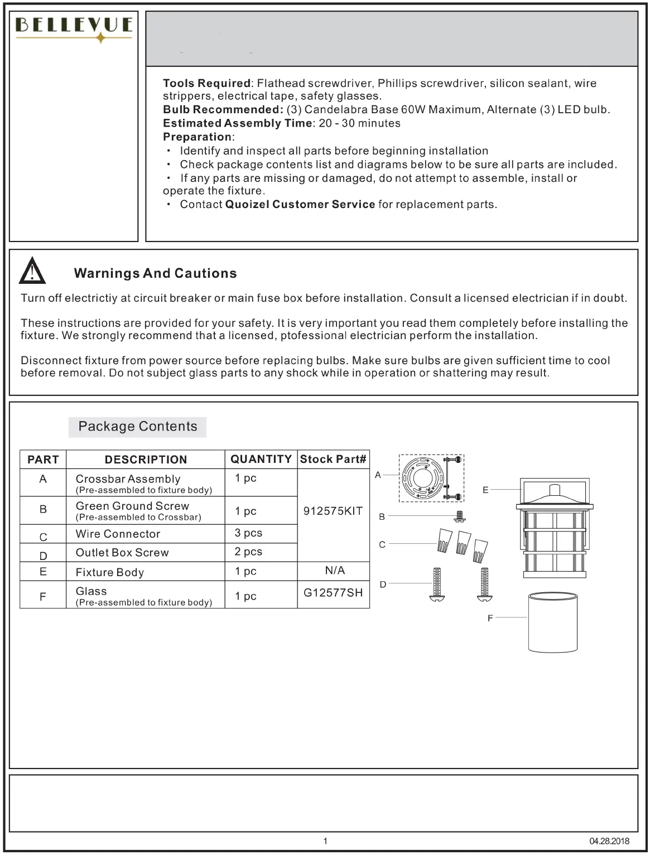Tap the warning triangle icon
point(32,272)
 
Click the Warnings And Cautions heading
point(155,273)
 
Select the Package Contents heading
point(138,427)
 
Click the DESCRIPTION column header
point(146,460)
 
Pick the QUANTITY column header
point(261,459)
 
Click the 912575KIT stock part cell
point(333,511)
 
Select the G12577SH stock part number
point(333,593)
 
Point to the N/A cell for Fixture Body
point(335,571)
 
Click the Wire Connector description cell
point(118,534)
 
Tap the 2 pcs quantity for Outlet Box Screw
point(248,552)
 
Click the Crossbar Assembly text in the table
point(128,479)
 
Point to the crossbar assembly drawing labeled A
point(431,477)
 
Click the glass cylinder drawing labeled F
point(552,622)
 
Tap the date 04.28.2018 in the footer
point(609,841)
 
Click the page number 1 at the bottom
point(325,841)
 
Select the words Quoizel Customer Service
point(300,205)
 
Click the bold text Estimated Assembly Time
point(237,123)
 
